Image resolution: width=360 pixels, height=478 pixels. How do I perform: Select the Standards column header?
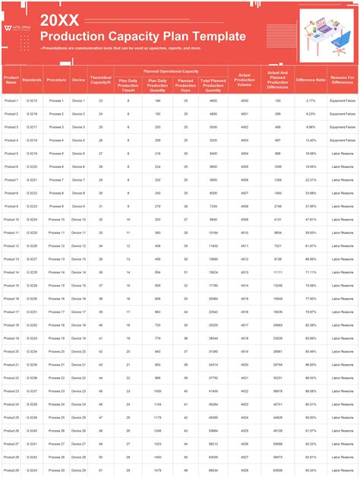click(33, 79)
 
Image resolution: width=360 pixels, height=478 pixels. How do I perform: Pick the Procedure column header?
click(56, 79)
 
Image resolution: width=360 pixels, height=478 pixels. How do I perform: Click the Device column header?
click(78, 79)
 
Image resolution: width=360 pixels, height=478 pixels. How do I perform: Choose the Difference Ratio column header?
click(311, 79)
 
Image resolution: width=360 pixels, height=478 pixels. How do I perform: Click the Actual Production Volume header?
click(245, 79)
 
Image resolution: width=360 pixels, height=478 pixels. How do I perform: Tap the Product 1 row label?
click(11, 100)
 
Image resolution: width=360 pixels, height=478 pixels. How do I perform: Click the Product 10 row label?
click(11, 219)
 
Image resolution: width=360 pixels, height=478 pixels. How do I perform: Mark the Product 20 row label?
click(11, 351)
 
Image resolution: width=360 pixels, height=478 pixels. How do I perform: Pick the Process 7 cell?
click(56, 179)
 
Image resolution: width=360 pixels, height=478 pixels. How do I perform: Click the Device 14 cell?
click(78, 272)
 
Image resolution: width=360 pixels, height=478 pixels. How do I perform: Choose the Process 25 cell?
click(56, 417)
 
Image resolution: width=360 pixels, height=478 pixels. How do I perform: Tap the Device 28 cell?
click(78, 457)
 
